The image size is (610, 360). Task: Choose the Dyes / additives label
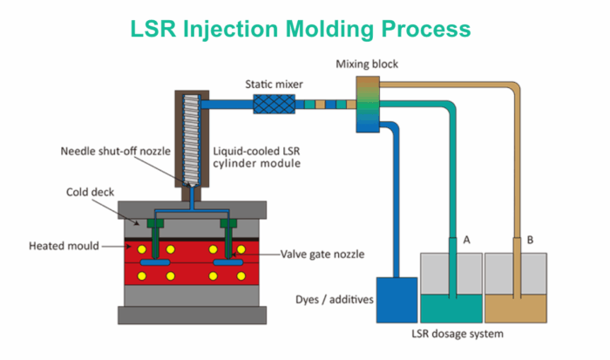pyautogui.click(x=332, y=300)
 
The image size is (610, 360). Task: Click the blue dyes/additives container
pyautogui.click(x=396, y=300)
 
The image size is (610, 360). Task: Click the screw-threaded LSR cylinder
pyautogui.click(x=192, y=139)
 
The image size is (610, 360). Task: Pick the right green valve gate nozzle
pyautogui.click(x=231, y=234)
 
